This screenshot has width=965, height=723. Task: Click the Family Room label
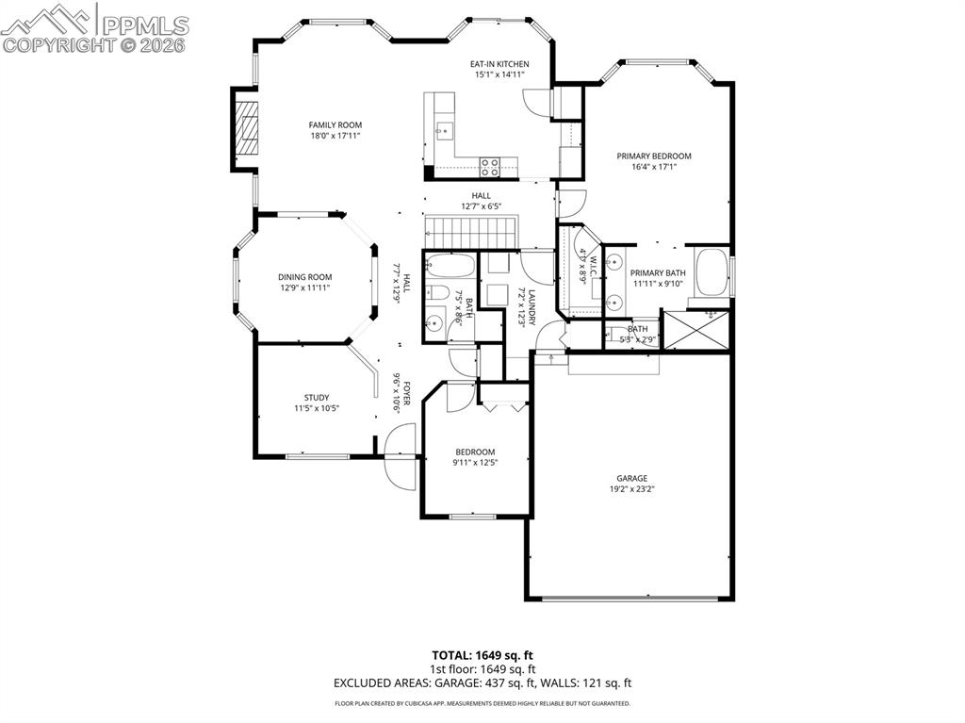[x=335, y=124]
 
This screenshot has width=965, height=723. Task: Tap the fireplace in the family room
[x=246, y=129]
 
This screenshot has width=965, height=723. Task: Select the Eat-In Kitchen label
[x=499, y=64]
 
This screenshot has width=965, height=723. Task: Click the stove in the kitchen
[x=490, y=167]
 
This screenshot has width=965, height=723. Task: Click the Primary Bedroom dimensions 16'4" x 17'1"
[x=654, y=167]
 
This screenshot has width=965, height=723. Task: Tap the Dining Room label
[x=304, y=277]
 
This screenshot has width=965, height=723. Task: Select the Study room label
[x=317, y=397]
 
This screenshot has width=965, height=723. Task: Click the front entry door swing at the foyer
[x=400, y=456]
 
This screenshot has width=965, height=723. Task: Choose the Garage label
[x=632, y=478]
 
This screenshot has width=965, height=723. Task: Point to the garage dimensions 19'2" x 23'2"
[x=632, y=489]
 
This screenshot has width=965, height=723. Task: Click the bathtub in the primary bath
[x=711, y=272]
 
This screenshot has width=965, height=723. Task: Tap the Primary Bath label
[x=658, y=272]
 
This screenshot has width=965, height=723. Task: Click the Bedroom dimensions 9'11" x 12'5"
[x=475, y=462]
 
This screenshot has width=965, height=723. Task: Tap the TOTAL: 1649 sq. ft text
[x=482, y=654]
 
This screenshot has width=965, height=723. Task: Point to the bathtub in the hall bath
[x=450, y=263]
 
